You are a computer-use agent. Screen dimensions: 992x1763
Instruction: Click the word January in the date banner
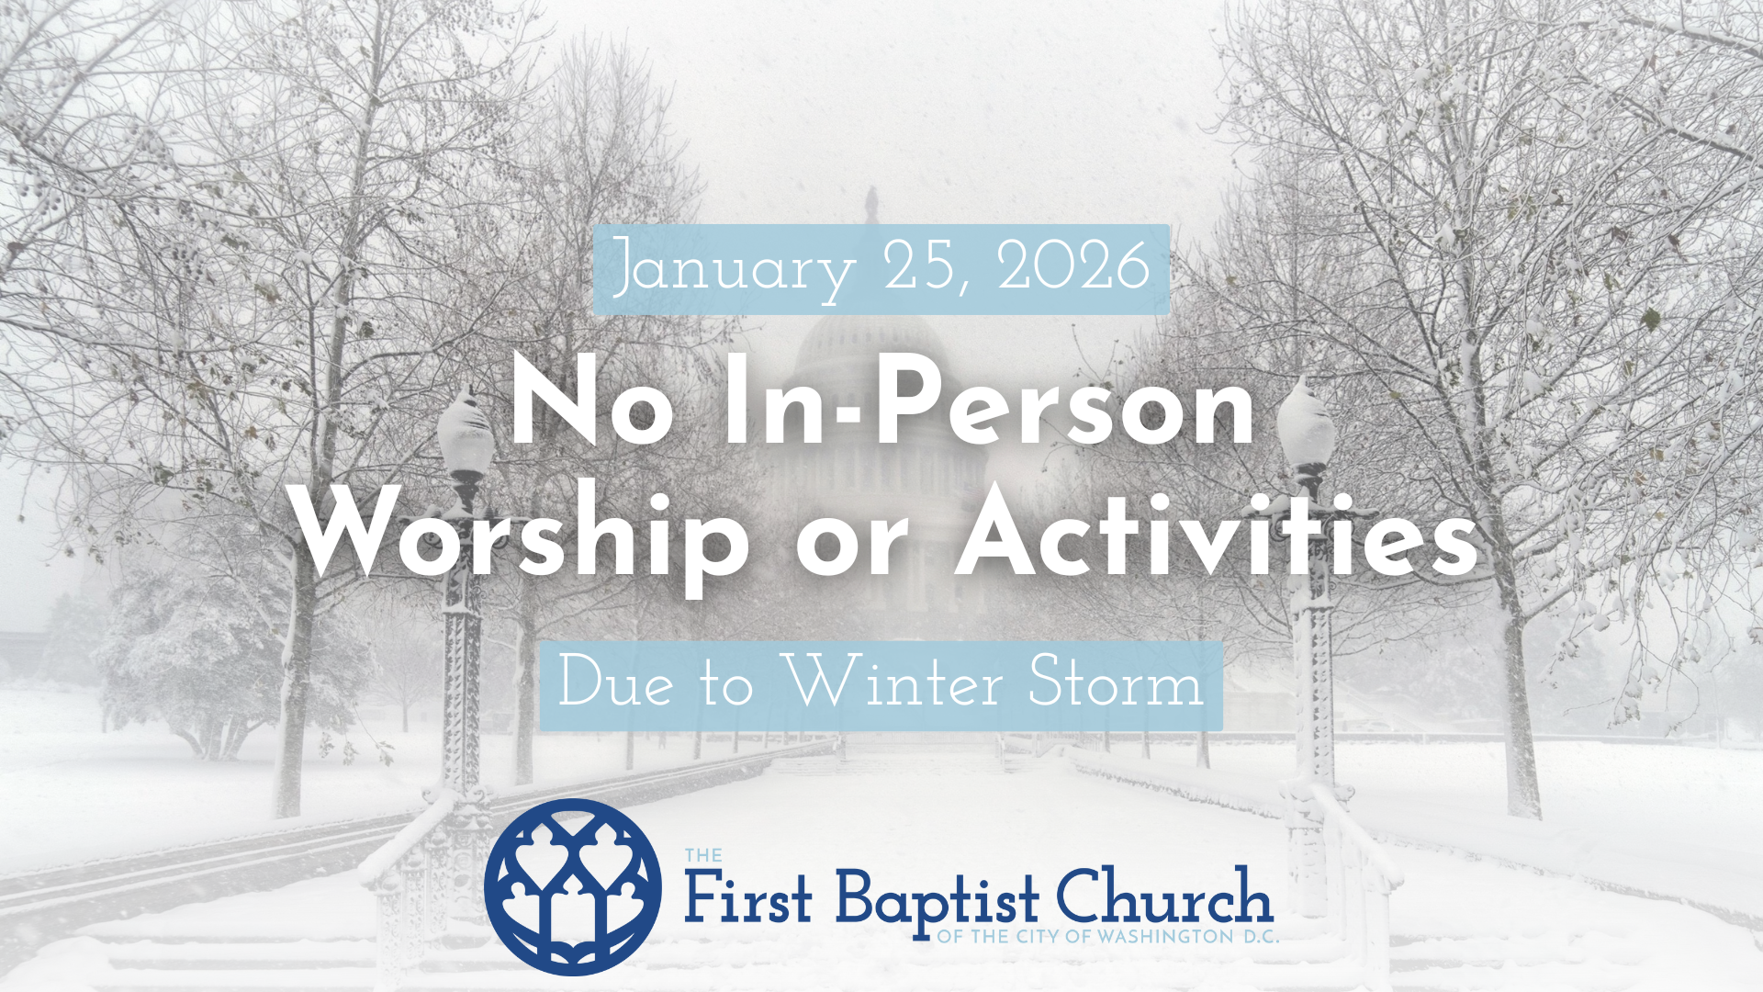(732, 268)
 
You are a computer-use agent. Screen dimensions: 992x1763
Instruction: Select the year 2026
(1073, 266)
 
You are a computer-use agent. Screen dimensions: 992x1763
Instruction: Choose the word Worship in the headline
(523, 537)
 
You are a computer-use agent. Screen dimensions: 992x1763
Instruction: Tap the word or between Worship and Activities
(851, 542)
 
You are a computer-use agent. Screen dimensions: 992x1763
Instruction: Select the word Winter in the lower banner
(896, 684)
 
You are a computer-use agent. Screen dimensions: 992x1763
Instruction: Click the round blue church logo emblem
(573, 886)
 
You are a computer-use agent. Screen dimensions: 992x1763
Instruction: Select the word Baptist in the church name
(938, 900)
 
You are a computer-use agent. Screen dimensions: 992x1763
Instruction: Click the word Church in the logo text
(1163, 896)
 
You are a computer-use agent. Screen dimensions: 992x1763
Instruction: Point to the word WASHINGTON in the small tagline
(1165, 937)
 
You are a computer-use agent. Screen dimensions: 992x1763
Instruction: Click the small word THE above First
(703, 856)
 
